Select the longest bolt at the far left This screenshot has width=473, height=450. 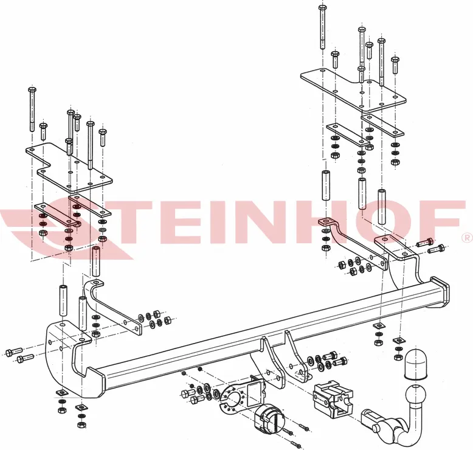click(x=32, y=109)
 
